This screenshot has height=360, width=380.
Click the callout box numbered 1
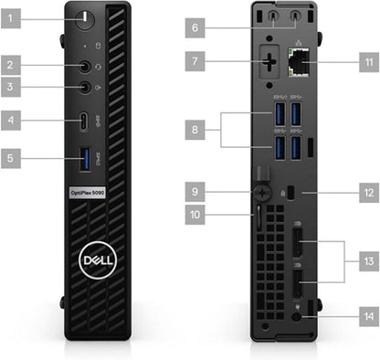pos(11,16)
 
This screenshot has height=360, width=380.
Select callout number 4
pos(11,119)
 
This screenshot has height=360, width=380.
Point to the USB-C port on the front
pos(85,120)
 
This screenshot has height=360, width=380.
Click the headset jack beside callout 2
pos(86,66)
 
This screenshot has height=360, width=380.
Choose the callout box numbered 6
pos(195,27)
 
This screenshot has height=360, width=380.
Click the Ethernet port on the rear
pos(298,63)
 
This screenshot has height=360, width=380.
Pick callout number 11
pos(368,63)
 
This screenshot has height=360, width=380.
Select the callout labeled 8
pos(195,131)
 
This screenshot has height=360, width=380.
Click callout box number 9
pos(195,192)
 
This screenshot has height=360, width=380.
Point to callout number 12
pos(368,193)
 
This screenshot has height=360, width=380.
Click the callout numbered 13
pos(368,261)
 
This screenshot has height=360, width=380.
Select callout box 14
pos(368,316)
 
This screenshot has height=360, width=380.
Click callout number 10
pos(195,216)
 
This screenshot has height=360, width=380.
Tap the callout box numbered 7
pos(195,62)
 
